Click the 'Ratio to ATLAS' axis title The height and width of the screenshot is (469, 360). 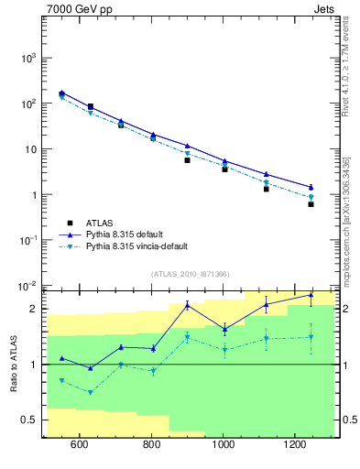pyautogui.click(x=14, y=364)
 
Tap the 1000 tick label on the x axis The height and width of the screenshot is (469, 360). pyautogui.click(x=223, y=445)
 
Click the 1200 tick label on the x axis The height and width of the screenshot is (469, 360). pyautogui.click(x=295, y=445)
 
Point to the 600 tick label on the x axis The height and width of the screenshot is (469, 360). pyautogui.click(x=79, y=445)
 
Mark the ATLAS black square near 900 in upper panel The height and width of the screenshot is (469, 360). pyautogui.click(x=187, y=160)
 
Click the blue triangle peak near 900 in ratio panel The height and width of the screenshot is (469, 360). pyautogui.click(x=187, y=305)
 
